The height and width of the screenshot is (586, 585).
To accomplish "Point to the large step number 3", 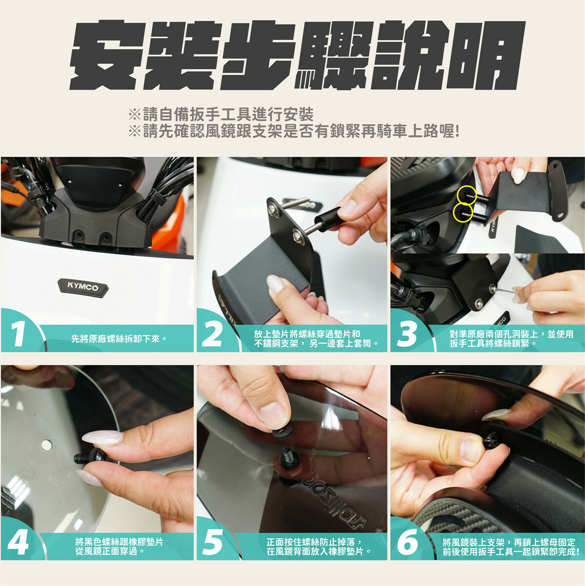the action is pyautogui.click(x=406, y=334).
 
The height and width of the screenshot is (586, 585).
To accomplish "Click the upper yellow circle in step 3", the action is pyautogui.click(x=466, y=195).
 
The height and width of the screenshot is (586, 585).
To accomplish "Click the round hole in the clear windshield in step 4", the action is pyautogui.click(x=46, y=445).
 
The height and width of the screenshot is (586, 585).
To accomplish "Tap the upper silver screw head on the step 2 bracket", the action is pyautogui.click(x=274, y=211).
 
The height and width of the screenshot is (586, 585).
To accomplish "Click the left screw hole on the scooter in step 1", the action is pyautogui.click(x=80, y=234).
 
